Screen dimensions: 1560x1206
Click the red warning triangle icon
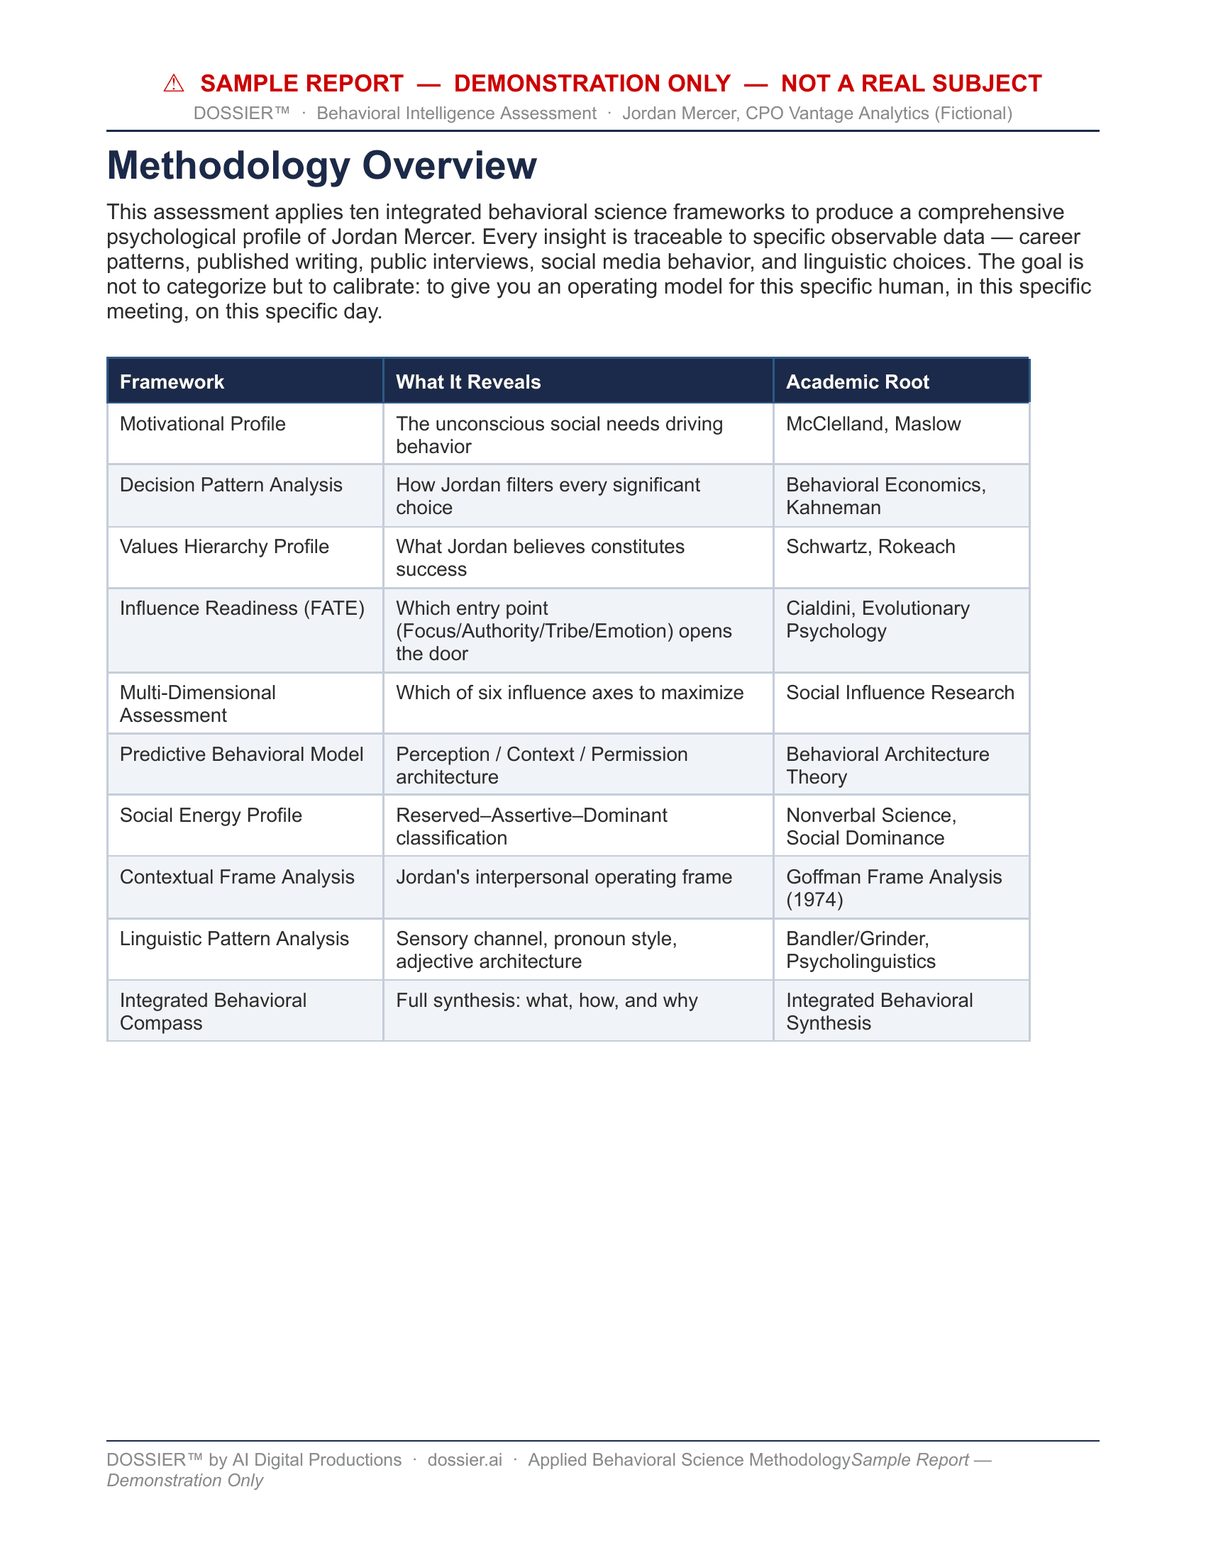(174, 84)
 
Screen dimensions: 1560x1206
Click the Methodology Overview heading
(321, 165)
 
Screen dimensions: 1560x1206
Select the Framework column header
(172, 382)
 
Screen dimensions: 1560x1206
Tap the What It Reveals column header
(468, 382)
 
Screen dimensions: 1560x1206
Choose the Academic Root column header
(858, 382)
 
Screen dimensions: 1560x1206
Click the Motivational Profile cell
(203, 424)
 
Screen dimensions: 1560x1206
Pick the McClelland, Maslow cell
(873, 424)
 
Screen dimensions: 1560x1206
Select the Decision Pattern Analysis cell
(231, 485)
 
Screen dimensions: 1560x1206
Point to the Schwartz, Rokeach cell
(870, 547)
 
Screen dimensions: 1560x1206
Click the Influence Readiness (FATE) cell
(242, 608)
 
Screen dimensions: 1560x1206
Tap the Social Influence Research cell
(900, 693)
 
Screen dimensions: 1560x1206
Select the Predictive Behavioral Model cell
(241, 754)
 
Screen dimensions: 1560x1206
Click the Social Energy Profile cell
(211, 815)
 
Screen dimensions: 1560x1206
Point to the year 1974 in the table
(814, 900)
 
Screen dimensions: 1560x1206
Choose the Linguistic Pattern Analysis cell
(234, 939)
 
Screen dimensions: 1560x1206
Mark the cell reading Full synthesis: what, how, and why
(546, 1001)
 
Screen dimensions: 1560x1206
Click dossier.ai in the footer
(465, 1460)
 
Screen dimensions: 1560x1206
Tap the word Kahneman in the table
(833, 508)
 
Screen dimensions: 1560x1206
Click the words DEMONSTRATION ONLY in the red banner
(592, 84)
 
